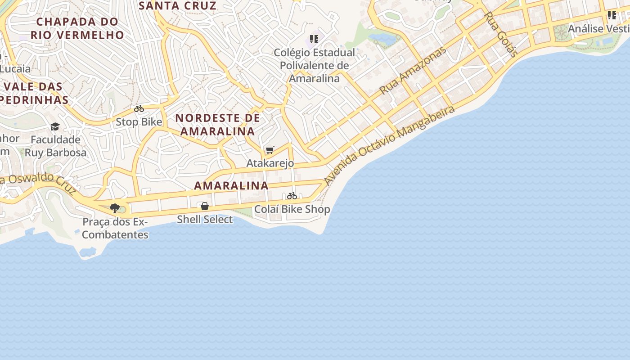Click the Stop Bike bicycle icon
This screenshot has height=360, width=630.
pyautogui.click(x=139, y=108)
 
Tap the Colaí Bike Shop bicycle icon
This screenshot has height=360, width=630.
pyautogui.click(x=292, y=196)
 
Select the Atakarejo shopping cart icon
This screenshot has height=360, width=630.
pyautogui.click(x=270, y=150)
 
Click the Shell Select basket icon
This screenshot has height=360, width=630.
pyautogui.click(x=205, y=206)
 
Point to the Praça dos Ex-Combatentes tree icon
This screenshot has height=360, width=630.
pyautogui.click(x=115, y=208)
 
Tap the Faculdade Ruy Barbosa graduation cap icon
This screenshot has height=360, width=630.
pyautogui.click(x=55, y=126)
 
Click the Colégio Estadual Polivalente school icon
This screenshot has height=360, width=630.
pyautogui.click(x=314, y=39)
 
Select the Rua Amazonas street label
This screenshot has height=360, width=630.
pyautogui.click(x=412, y=70)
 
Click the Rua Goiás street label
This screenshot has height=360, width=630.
pyautogui.click(x=500, y=34)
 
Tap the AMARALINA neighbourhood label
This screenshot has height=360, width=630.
pyautogui.click(x=231, y=185)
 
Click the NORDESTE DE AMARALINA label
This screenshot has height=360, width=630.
pyautogui.click(x=218, y=125)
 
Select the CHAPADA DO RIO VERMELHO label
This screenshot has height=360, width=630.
pyautogui.click(x=77, y=28)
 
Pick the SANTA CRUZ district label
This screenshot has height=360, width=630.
pyautogui.click(x=178, y=6)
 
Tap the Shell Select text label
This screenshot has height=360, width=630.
pyautogui.click(x=205, y=220)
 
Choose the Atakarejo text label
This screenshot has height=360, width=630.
pyautogui.click(x=270, y=163)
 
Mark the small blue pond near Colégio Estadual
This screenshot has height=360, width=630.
pyautogui.click(x=382, y=40)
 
